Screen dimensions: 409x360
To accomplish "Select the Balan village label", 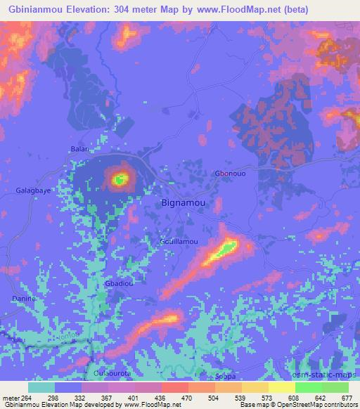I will point(79,149).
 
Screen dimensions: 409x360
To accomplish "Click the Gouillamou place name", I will point(179,241).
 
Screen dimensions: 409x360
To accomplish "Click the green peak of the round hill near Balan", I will point(120,179).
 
